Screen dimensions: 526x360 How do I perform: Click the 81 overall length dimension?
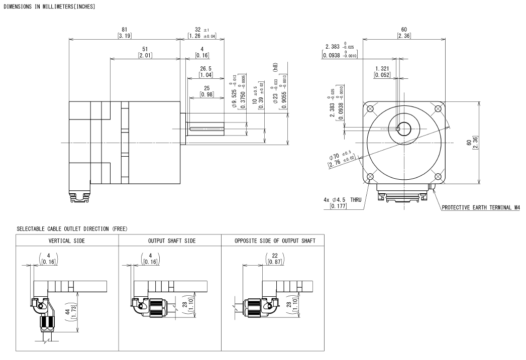(x=125, y=33)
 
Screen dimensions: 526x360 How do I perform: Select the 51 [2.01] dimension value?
(x=145, y=52)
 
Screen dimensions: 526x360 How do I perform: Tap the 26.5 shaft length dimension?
(x=205, y=72)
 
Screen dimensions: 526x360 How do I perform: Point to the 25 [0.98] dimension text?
(x=206, y=91)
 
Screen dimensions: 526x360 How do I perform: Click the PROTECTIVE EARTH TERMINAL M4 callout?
(x=481, y=207)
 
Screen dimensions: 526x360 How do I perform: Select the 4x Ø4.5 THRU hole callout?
(x=343, y=203)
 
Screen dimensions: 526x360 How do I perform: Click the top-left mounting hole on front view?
(x=370, y=108)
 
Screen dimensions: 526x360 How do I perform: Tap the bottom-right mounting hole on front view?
(x=438, y=176)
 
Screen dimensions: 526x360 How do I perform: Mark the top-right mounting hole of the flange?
(x=438, y=108)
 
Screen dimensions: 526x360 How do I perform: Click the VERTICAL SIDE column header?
(x=67, y=241)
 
